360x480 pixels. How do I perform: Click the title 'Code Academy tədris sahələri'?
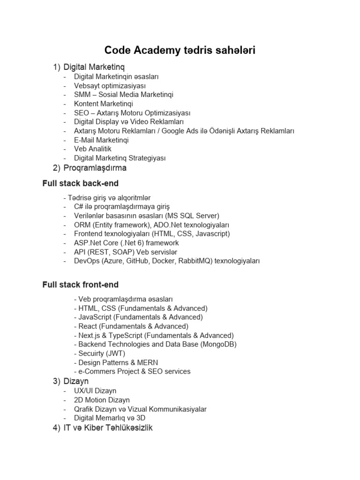(x=180, y=50)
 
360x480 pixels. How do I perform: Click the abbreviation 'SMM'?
(x=82, y=94)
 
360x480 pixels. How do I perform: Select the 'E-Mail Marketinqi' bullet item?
(x=101, y=140)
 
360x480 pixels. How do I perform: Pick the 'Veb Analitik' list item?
(x=93, y=149)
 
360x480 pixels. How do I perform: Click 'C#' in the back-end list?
(x=78, y=206)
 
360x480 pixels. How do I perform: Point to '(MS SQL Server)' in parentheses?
(x=192, y=216)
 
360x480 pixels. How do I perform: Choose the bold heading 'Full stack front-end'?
(x=80, y=285)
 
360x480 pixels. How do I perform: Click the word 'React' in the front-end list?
(x=88, y=326)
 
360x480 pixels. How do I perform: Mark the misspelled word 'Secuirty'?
(x=92, y=353)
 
